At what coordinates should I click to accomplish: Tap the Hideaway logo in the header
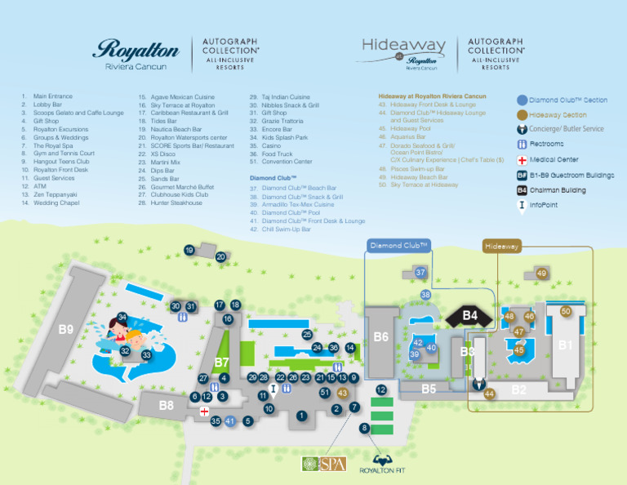point(404,52)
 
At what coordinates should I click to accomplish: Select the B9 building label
point(65,330)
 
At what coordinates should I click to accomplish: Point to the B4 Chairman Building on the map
point(470,315)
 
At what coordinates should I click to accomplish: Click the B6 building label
point(381,336)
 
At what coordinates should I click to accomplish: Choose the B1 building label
point(565,345)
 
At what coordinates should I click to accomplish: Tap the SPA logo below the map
point(325,464)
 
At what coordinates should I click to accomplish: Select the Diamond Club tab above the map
point(398,245)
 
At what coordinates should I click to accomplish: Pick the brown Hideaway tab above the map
point(501,246)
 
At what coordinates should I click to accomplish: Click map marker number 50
point(566,311)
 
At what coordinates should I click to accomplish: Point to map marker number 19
point(189,251)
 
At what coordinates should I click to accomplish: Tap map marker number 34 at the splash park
point(122,317)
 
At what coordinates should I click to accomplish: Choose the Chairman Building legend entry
point(557,190)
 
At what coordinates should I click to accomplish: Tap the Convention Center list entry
point(281,162)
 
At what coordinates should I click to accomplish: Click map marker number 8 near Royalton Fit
point(365,428)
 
